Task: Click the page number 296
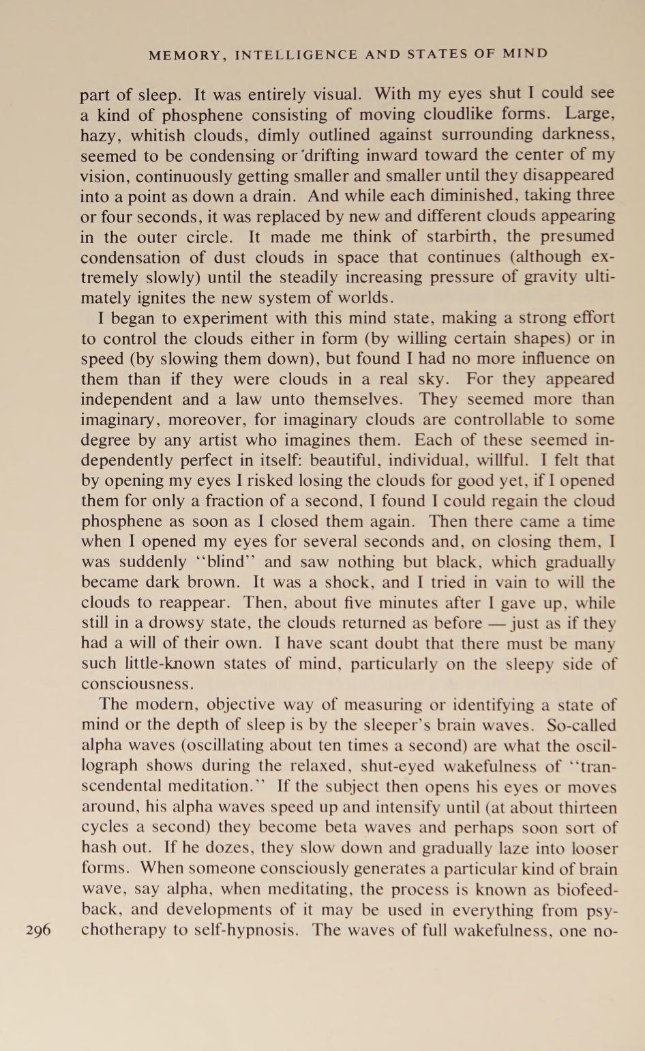pos(38,930)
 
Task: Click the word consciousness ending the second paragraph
pos(137,685)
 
